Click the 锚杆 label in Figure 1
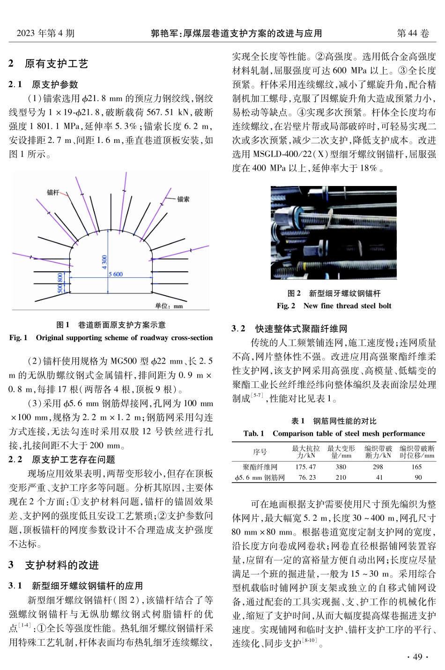pos(53,193)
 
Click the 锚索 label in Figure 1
pos(184,199)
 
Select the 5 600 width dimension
pos(116,274)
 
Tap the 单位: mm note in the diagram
pos(169,306)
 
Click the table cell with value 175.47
pos(305,467)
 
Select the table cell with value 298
pos(378,467)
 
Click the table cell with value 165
pos(416,467)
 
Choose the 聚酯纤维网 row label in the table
pos(260,467)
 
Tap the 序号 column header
pos(260,452)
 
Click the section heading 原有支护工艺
pos(56,64)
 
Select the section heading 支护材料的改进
pos(62,565)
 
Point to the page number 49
pos(417,656)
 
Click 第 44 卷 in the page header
pos(413,33)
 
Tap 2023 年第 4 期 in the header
pos(45,33)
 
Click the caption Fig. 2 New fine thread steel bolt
pos(334,305)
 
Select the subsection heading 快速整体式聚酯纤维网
pos(301,328)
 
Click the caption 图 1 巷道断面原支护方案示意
pos(111,325)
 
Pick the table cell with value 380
pos(341,467)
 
